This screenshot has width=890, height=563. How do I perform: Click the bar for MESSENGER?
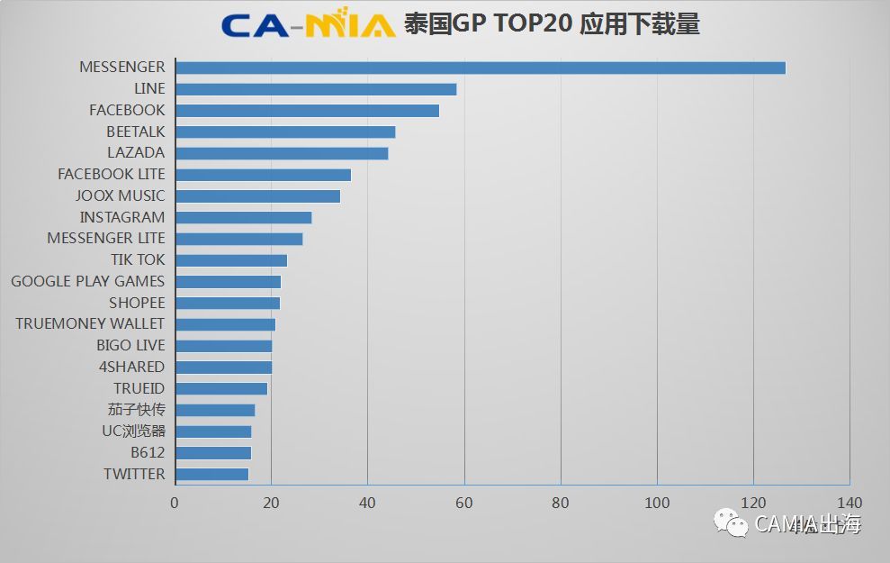click(x=481, y=68)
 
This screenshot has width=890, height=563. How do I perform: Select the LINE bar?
click(x=316, y=89)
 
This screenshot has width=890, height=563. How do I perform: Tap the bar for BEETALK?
click(x=285, y=132)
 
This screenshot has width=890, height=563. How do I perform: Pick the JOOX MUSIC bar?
click(x=257, y=195)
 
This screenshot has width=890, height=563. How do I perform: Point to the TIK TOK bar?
click(x=231, y=260)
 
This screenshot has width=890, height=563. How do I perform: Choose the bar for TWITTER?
click(x=211, y=474)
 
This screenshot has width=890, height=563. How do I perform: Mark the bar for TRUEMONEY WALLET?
click(x=225, y=324)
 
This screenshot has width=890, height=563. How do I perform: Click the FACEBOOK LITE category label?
click(x=112, y=174)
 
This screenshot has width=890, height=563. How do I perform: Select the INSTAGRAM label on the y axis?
click(x=122, y=217)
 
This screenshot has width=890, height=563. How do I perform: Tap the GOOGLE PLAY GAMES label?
click(x=88, y=281)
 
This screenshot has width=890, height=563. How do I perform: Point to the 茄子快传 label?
click(x=136, y=410)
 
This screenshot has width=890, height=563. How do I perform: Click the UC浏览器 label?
click(x=133, y=431)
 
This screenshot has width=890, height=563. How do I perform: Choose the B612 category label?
click(x=148, y=452)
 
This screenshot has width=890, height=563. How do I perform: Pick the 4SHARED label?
click(x=131, y=367)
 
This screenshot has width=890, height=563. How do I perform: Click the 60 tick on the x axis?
click(x=464, y=503)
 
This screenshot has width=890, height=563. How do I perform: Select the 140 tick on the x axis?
click(x=850, y=503)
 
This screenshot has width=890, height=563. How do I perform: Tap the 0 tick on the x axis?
click(x=175, y=503)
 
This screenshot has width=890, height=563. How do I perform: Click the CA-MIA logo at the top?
click(x=308, y=23)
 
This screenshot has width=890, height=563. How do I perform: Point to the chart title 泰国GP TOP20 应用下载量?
click(x=552, y=24)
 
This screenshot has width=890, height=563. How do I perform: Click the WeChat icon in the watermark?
click(x=732, y=522)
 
